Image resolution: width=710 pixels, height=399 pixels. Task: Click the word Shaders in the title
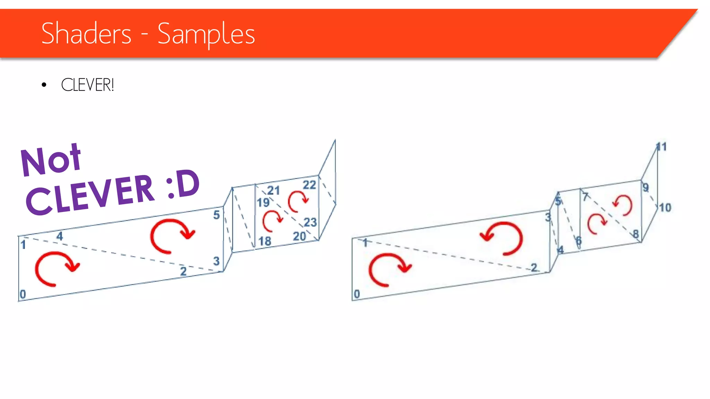[86, 33]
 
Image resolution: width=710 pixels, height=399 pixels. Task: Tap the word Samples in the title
[206, 34]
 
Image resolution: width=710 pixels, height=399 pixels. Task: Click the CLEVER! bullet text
[87, 85]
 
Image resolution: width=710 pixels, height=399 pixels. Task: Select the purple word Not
[51, 160]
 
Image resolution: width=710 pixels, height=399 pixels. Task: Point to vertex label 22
[309, 185]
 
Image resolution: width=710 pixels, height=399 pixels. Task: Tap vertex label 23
[310, 222]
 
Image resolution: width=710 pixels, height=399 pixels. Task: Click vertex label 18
[265, 241]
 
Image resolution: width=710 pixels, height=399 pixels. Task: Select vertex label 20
[299, 236]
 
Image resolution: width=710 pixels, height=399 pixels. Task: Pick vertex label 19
[263, 202]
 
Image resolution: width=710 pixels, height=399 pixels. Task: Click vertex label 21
[273, 190]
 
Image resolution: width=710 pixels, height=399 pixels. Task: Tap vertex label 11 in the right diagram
[661, 147]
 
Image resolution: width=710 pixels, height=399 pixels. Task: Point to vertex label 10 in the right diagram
[665, 208]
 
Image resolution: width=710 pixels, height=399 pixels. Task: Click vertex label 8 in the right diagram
[635, 234]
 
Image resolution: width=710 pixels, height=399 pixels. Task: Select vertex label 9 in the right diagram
[645, 187]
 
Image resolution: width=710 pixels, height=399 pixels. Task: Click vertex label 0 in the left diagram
[23, 294]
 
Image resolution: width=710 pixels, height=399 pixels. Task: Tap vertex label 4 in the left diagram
[60, 236]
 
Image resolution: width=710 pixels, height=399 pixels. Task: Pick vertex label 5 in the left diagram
[216, 215]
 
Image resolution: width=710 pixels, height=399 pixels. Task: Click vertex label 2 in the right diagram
[534, 267]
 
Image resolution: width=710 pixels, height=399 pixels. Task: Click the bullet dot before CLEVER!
[44, 85]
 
